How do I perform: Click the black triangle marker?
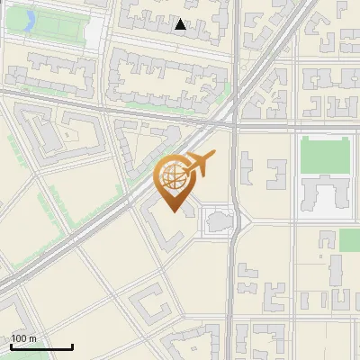click(181, 25)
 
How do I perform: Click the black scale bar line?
click(41, 346)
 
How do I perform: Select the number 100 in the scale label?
click(19, 338)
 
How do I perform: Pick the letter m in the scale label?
click(32, 338)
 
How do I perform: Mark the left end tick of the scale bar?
click(11, 345)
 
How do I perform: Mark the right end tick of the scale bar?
click(72, 345)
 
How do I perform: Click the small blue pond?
click(28, 18)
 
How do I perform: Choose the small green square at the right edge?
click(349, 240)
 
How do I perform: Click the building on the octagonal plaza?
click(218, 219)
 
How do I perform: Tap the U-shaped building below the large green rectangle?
click(323, 194)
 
